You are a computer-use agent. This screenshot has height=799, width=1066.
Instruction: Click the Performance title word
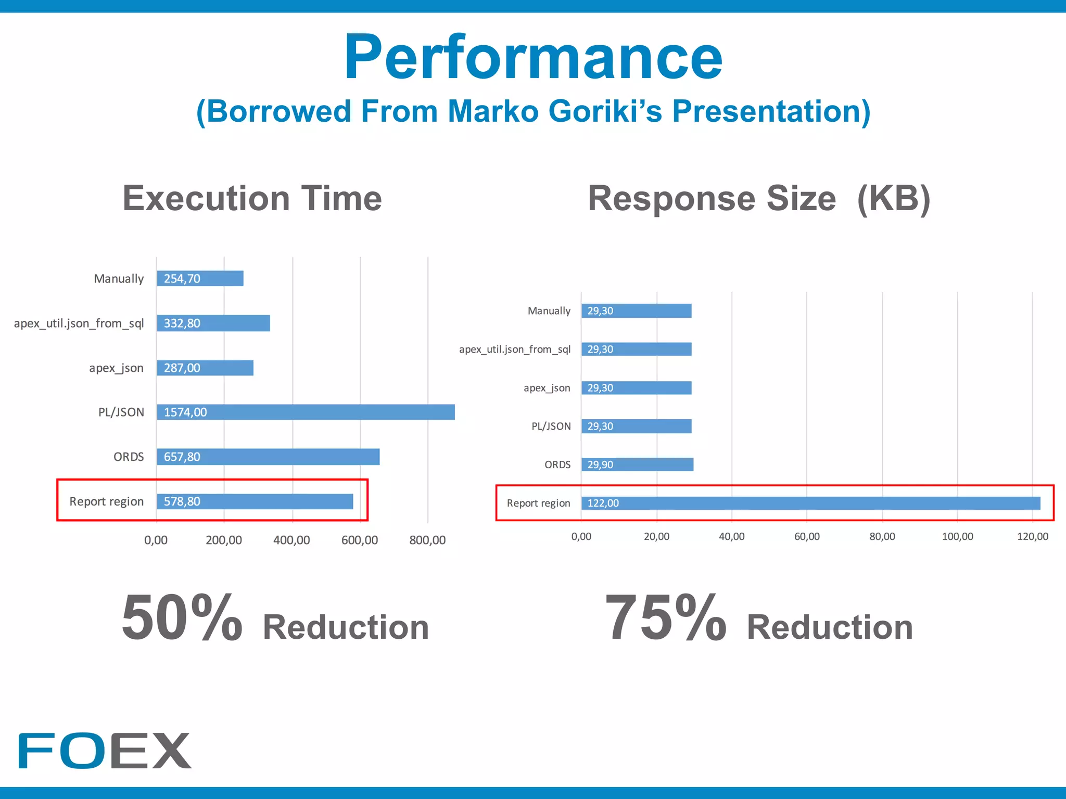pyautogui.click(x=533, y=57)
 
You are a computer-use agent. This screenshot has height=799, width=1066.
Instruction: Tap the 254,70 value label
pyautogui.click(x=182, y=279)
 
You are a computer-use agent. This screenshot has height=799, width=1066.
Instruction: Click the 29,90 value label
pyautogui.click(x=600, y=465)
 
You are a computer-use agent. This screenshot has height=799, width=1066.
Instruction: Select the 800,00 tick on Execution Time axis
pyautogui.click(x=427, y=540)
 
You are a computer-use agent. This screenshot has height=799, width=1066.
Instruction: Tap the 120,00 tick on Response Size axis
pyautogui.click(x=1033, y=537)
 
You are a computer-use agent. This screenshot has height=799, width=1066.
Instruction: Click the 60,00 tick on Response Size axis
pyautogui.click(x=807, y=537)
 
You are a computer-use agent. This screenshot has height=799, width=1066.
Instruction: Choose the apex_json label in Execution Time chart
pyautogui.click(x=116, y=368)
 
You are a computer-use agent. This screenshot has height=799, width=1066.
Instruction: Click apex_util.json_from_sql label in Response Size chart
pyautogui.click(x=514, y=350)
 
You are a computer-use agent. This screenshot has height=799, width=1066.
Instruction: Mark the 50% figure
pyautogui.click(x=182, y=618)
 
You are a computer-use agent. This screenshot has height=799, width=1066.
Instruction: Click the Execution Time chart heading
pyautogui.click(x=252, y=199)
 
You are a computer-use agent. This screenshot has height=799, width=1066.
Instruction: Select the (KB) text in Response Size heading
pyautogui.click(x=893, y=199)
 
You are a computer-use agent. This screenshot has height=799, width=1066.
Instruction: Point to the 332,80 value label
pyautogui.click(x=182, y=324)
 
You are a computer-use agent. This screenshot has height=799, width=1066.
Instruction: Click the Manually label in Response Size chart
pyautogui.click(x=549, y=311)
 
